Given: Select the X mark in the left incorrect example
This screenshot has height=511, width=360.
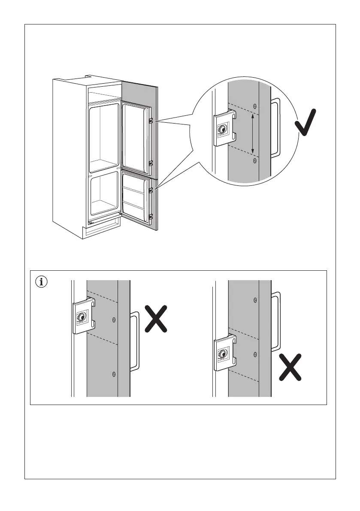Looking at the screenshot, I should tap(155, 318).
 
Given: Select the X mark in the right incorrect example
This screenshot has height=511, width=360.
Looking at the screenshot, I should tap(289, 366).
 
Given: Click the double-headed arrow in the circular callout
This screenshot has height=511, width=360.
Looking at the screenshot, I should tap(253, 133).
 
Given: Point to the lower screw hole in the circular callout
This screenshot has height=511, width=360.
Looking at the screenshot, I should tap(255, 160).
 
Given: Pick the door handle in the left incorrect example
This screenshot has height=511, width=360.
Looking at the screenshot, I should tap(135, 341).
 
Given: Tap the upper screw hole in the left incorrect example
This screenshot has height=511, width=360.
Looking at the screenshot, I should tap(114, 319).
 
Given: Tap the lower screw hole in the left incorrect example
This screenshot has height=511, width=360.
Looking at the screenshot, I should tap(114, 374).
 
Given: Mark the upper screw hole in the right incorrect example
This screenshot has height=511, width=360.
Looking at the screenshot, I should tap(255, 299).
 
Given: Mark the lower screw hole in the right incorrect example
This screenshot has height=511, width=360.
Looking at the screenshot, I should tap(255, 354).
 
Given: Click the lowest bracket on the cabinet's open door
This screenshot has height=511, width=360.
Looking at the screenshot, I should tap(151, 217).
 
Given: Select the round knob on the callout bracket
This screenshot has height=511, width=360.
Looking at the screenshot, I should tap(222, 130).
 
